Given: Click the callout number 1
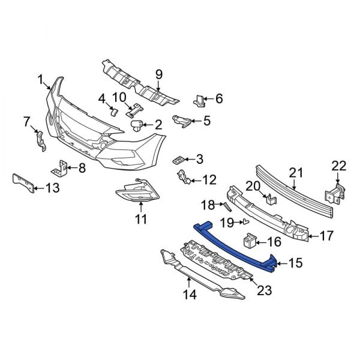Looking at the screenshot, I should click(x=41, y=79).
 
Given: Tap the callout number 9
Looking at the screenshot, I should click(x=159, y=74).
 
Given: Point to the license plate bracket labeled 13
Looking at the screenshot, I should click(x=22, y=184).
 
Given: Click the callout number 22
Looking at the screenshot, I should click(x=339, y=166).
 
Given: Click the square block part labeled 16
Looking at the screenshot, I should click(x=249, y=242).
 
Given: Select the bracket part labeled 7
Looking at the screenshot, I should click(x=40, y=140).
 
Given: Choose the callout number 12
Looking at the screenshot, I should click(x=208, y=179).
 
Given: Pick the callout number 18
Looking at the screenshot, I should click(x=207, y=206).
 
